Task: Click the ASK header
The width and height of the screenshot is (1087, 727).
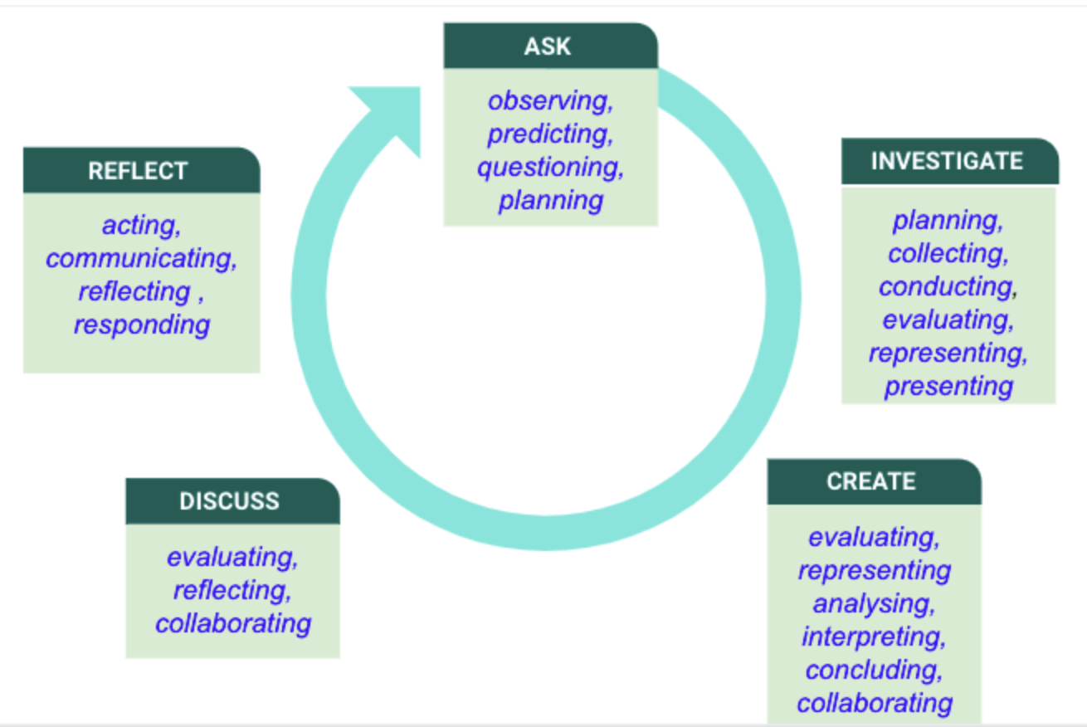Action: (x=550, y=46)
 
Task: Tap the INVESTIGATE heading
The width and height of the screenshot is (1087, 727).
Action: (x=949, y=161)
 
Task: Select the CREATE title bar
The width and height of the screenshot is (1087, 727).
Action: (x=874, y=481)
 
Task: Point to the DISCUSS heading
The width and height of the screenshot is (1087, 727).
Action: (x=232, y=500)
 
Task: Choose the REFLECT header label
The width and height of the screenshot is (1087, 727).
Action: (x=141, y=170)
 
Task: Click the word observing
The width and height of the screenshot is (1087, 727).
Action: (x=550, y=101)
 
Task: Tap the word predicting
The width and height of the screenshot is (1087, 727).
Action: (x=550, y=134)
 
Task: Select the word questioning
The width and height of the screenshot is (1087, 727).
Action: (x=550, y=168)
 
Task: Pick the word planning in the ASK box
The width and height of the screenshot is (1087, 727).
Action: (x=551, y=201)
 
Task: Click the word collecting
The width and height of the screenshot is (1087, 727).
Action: (x=948, y=254)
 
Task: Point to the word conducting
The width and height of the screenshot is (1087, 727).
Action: (x=948, y=287)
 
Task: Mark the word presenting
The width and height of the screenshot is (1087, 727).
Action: (x=948, y=387)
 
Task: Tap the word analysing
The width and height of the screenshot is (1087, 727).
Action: (x=874, y=604)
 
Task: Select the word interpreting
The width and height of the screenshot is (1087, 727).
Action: (x=874, y=637)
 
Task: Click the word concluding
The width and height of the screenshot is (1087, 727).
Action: (x=874, y=671)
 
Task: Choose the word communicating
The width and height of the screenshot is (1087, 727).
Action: (x=141, y=258)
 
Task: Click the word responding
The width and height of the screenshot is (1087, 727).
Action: (x=142, y=325)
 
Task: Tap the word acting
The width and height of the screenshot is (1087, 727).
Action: (x=141, y=225)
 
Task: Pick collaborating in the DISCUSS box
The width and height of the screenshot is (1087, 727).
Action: (x=233, y=623)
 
